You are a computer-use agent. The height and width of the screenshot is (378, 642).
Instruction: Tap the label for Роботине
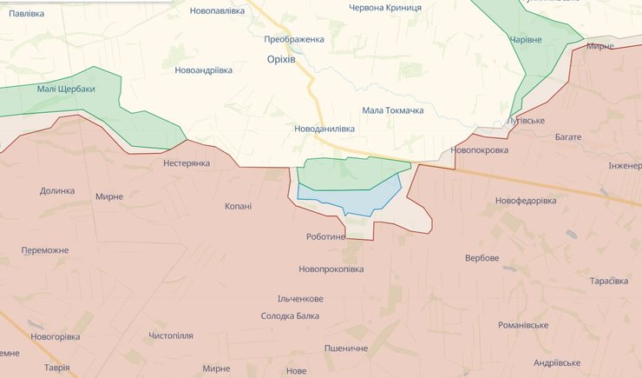pos(325,236)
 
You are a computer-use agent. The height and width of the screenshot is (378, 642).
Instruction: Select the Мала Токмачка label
pos(392,110)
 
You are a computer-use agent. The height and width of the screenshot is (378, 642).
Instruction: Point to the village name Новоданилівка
pos(324,129)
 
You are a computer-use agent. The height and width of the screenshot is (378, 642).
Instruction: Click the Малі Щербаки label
pos(66,89)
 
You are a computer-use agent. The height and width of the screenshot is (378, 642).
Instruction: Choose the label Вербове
pos(481,258)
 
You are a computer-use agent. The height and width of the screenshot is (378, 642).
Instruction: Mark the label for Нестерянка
pos(187,162)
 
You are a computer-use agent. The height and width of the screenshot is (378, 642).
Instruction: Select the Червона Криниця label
pos(384,8)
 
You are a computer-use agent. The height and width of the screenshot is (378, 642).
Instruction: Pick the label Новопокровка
pos(480,150)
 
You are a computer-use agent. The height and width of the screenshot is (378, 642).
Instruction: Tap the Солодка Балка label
pos(290,315)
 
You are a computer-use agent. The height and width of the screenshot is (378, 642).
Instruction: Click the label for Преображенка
pos(294,39)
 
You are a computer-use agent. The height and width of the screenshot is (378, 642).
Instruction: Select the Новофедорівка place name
pos(526,201)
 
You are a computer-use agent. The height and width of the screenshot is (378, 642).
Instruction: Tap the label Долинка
pos(57,190)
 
